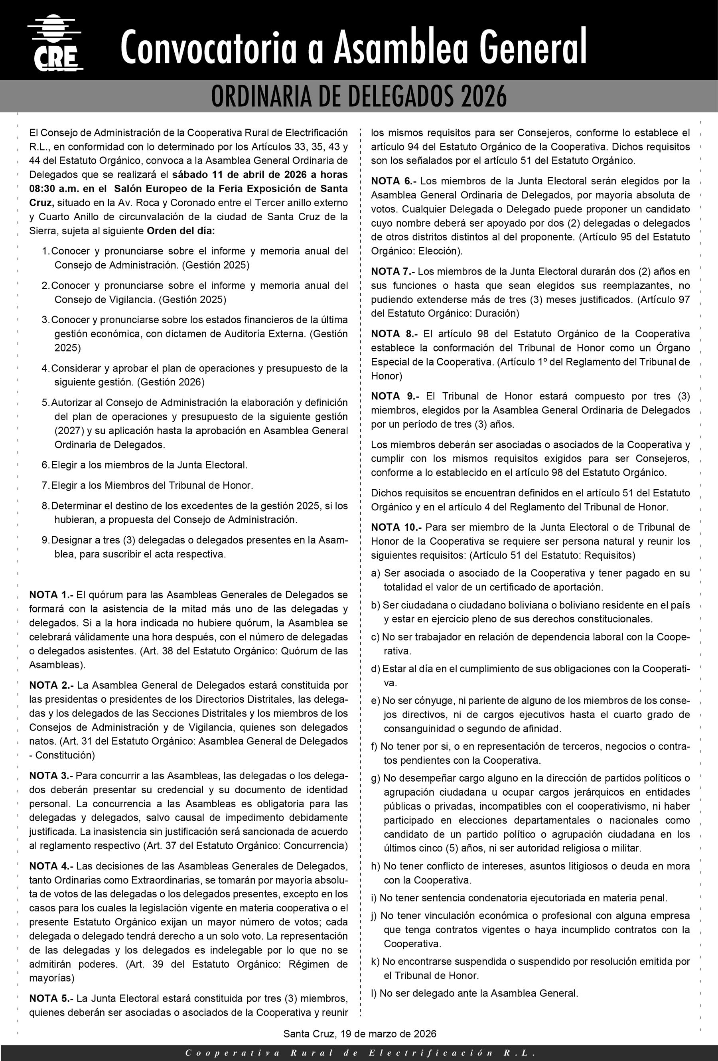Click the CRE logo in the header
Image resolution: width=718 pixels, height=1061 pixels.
click(55, 43)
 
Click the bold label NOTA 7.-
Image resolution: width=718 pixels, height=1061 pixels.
click(392, 272)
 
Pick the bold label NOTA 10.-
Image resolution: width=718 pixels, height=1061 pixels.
click(396, 527)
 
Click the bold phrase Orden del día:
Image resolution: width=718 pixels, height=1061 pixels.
click(180, 231)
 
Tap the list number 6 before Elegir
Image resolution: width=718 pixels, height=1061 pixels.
click(45, 465)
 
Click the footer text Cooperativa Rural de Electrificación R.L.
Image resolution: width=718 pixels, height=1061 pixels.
click(359, 1053)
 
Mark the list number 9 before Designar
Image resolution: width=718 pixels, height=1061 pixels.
click(45, 540)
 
